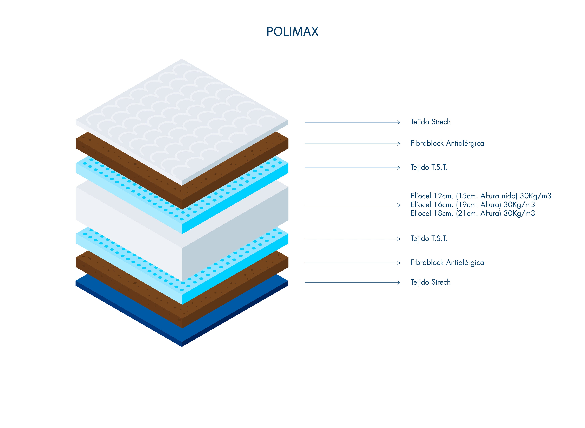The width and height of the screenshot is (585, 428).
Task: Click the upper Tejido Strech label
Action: coord(430,122)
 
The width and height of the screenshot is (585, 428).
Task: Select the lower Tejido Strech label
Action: coord(430,282)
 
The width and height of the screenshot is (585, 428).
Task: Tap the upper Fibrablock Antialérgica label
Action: coord(447,143)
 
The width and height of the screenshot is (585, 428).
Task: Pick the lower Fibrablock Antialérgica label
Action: coord(447,262)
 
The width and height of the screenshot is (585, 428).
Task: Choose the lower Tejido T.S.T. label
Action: coord(429,238)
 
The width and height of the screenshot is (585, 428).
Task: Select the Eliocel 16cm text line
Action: coord(472,205)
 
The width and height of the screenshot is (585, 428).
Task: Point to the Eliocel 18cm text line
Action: coord(472,214)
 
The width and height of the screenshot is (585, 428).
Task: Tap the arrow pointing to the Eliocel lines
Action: coord(352,205)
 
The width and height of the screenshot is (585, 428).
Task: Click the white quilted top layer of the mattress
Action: coord(181,117)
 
